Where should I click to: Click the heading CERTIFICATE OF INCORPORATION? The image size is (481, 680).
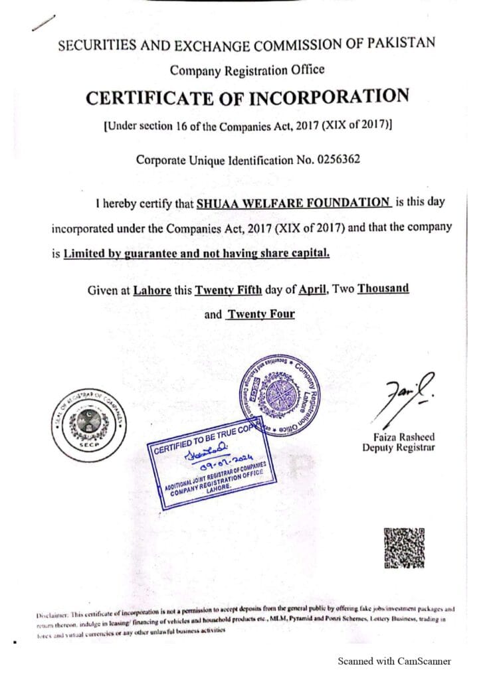tap(247, 98)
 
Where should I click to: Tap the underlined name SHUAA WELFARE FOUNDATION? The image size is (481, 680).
tap(293, 203)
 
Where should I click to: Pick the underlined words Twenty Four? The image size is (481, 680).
tap(260, 314)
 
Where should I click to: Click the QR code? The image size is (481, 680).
tap(404, 548)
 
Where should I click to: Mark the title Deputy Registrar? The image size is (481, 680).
tap(399, 448)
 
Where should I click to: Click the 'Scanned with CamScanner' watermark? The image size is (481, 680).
tap(395, 661)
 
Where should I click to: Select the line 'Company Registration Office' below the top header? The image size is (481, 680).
tap(247, 70)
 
